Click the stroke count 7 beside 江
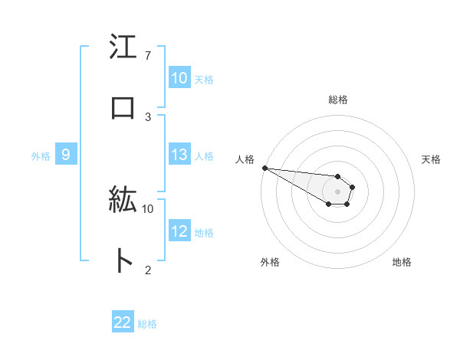pyautogui.click(x=148, y=56)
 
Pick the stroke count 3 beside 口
pyautogui.click(x=148, y=116)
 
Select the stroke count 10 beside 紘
pyautogui.click(x=148, y=208)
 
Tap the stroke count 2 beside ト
pyautogui.click(x=148, y=269)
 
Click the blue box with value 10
pyautogui.click(x=179, y=78)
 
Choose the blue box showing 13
pyautogui.click(x=179, y=155)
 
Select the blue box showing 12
pyautogui.click(x=179, y=231)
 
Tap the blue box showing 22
pyautogui.click(x=123, y=322)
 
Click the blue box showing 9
pyautogui.click(x=66, y=155)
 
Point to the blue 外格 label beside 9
pyautogui.click(x=41, y=156)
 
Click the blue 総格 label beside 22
pyautogui.click(x=147, y=324)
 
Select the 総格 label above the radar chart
pyautogui.click(x=338, y=100)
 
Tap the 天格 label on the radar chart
pyautogui.click(x=432, y=159)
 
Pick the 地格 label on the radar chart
pyautogui.click(x=402, y=263)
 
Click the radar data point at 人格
pyautogui.click(x=264, y=168)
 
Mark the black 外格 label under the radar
pyautogui.click(x=270, y=263)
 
